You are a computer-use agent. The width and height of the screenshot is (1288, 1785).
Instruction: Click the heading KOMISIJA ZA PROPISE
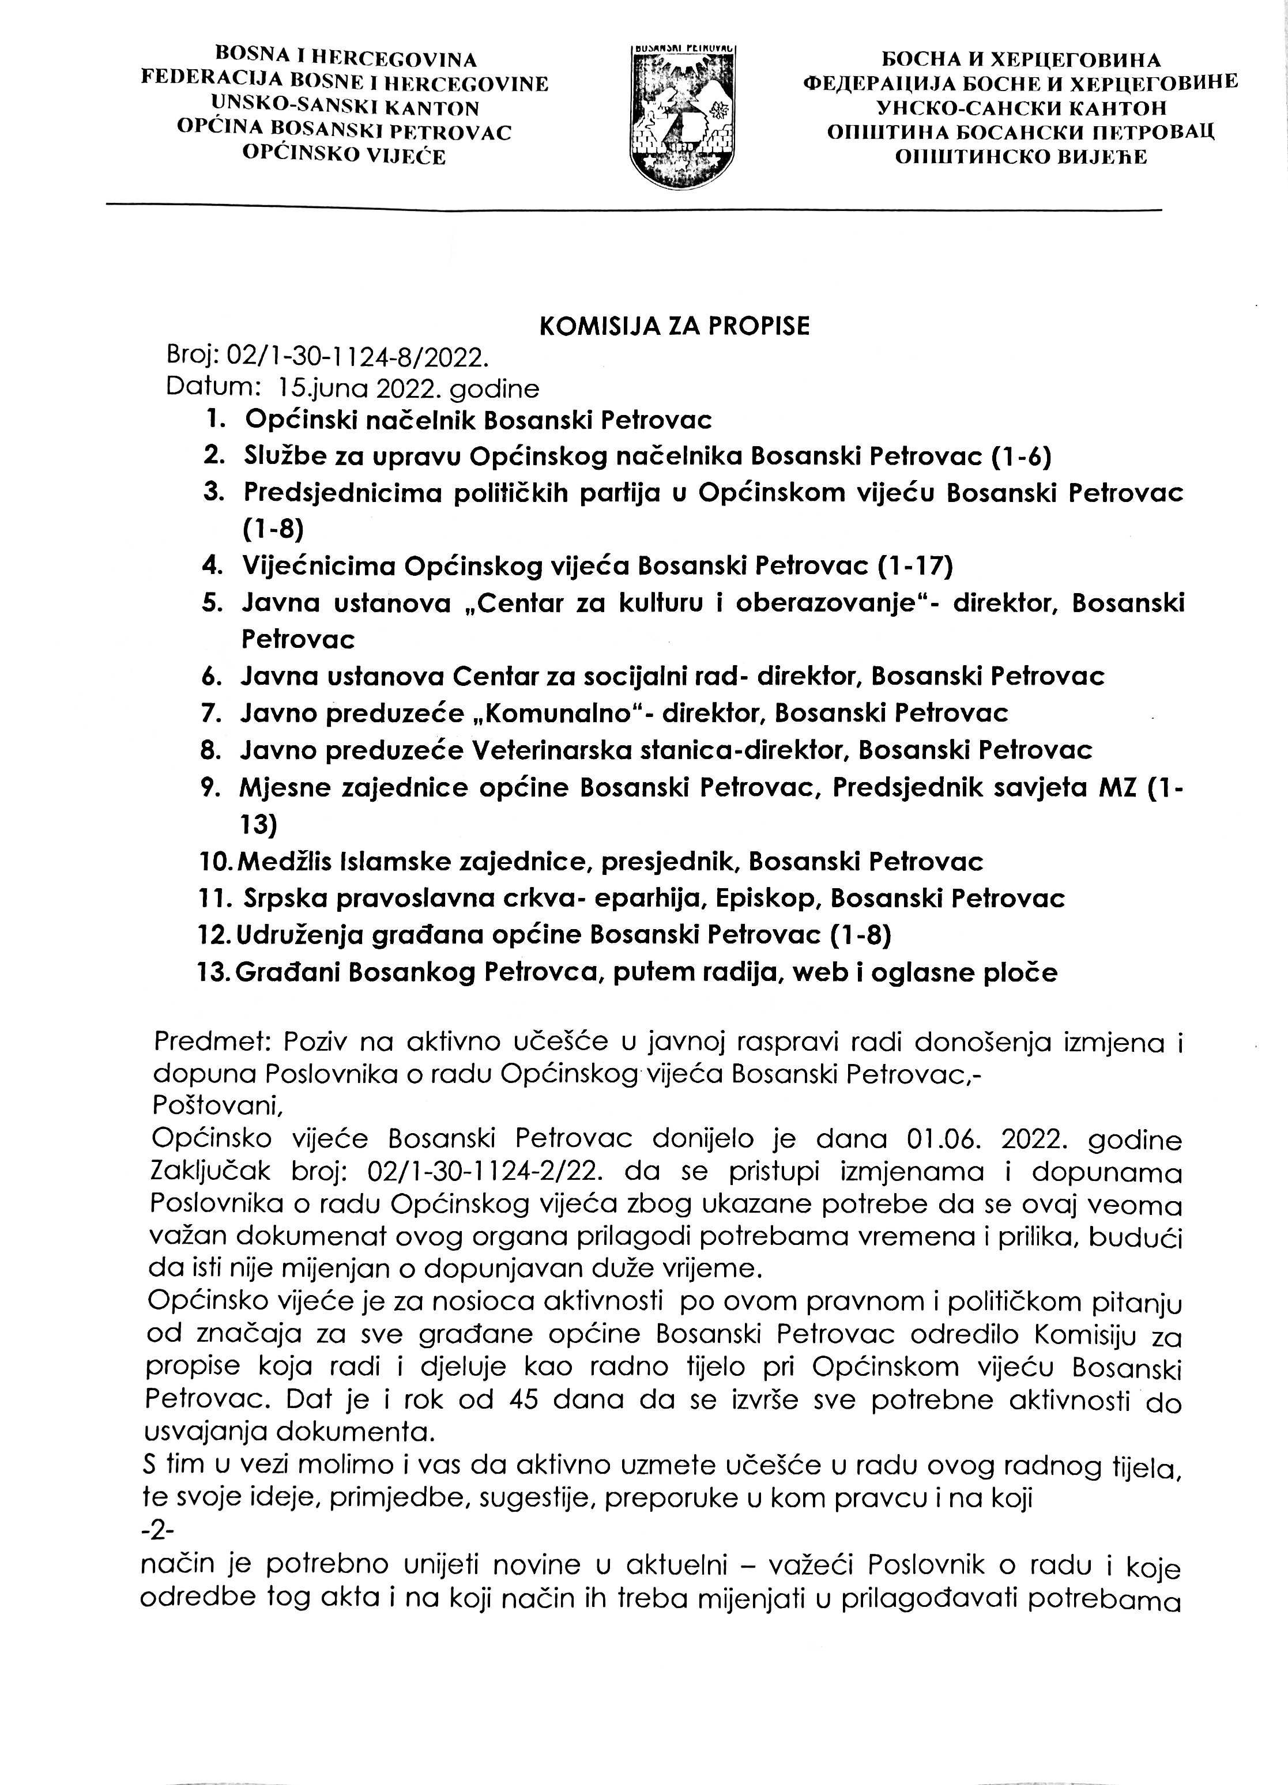coord(675,327)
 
